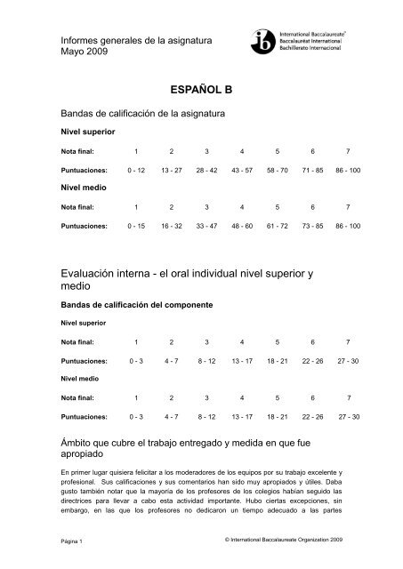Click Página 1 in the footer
(69, 541)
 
